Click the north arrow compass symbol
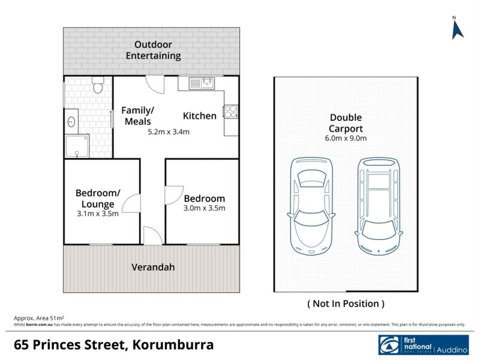click(458, 29)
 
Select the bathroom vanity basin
click(71, 122)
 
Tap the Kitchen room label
click(200, 116)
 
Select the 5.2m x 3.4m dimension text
click(169, 132)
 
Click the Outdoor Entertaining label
click(153, 50)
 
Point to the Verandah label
click(153, 267)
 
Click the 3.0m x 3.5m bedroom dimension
click(204, 209)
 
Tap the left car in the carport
click(310, 205)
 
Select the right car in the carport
click(379, 205)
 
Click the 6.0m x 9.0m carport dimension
click(346, 139)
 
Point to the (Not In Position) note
click(346, 304)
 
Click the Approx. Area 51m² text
click(39, 318)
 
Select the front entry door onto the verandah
click(152, 235)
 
